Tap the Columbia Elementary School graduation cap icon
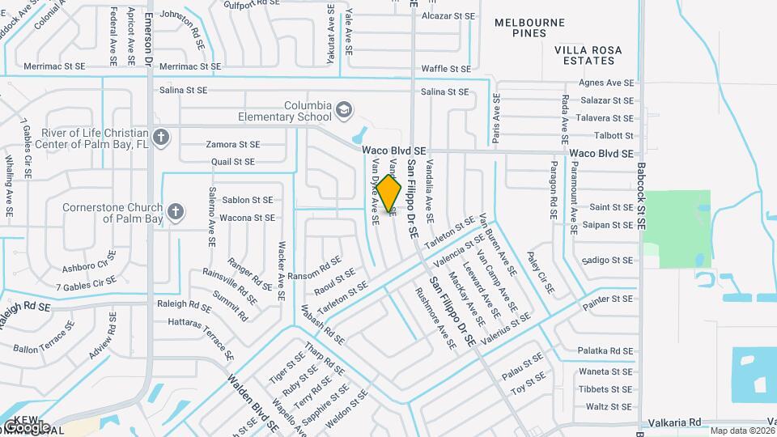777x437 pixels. [344, 108]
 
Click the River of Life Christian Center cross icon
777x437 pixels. [160, 137]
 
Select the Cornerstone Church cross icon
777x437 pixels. [175, 212]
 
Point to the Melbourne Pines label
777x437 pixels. [531, 28]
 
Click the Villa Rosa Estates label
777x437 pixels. [588, 55]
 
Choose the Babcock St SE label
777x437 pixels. [641, 195]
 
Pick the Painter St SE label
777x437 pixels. [611, 299]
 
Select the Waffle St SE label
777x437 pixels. [446, 70]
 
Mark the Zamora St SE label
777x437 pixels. [233, 144]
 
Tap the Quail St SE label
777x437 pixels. [232, 162]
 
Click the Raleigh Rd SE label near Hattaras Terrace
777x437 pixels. [184, 305]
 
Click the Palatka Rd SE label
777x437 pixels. [605, 351]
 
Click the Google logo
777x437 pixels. [26, 426]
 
